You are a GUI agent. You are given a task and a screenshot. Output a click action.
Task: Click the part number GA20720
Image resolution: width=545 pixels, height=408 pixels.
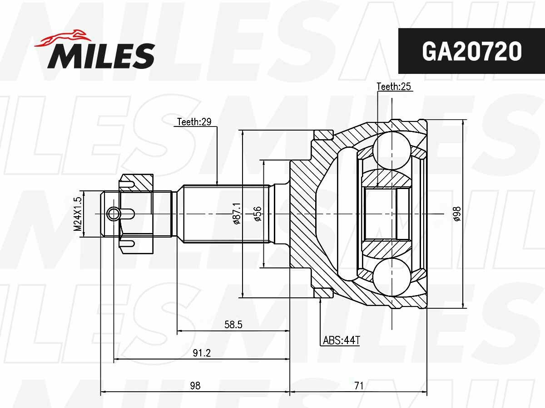(x=471, y=51)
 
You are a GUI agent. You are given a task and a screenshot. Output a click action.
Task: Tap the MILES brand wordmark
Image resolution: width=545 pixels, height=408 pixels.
(x=101, y=56)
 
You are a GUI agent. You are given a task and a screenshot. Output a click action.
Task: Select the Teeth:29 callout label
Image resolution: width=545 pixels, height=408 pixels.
(x=194, y=121)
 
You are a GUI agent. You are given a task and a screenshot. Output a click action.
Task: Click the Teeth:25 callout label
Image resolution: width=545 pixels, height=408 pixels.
(x=394, y=87)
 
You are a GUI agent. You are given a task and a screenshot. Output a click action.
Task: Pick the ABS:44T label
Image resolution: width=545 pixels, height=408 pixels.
(x=341, y=340)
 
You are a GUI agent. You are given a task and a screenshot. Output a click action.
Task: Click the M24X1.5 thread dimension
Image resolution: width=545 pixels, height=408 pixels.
(x=78, y=214)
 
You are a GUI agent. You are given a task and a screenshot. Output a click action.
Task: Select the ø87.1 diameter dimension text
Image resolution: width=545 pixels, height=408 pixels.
(x=237, y=214)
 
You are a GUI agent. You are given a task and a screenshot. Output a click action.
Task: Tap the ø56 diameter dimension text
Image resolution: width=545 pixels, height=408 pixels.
(x=258, y=214)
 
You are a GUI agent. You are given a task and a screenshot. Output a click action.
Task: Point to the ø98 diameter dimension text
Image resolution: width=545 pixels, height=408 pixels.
(x=457, y=214)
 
